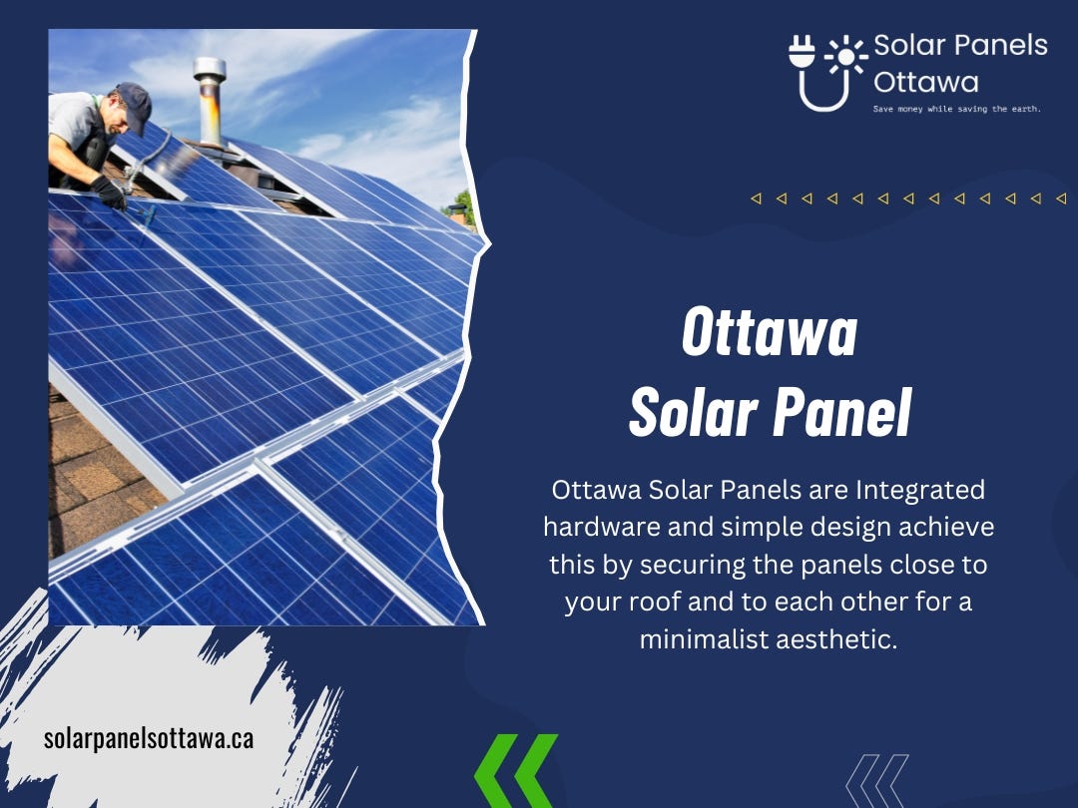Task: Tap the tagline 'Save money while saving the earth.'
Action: click(956, 109)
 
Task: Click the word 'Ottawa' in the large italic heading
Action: click(770, 333)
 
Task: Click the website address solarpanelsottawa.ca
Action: click(149, 739)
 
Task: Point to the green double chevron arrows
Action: click(515, 771)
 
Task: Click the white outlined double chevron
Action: click(876, 779)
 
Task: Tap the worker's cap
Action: click(133, 101)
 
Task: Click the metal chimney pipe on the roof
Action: click(210, 100)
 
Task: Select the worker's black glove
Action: click(109, 192)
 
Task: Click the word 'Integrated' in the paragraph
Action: click(920, 491)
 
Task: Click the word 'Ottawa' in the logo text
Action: click(925, 81)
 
